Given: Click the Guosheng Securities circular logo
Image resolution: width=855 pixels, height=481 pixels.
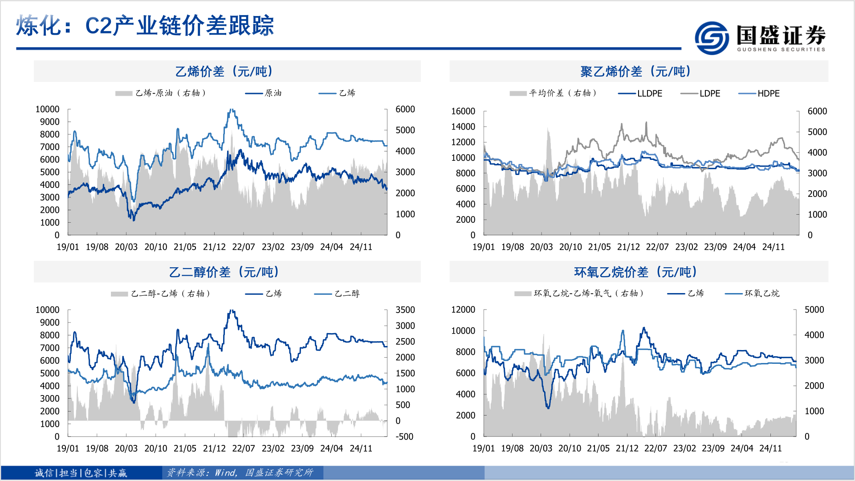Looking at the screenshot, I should tap(712, 38).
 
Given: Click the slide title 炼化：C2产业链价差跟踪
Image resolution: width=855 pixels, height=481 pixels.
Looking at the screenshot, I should tap(145, 25).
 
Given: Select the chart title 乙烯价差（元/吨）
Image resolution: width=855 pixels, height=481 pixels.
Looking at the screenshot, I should tap(224, 71).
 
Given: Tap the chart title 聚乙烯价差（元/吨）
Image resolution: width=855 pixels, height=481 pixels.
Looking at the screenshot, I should tap(636, 71).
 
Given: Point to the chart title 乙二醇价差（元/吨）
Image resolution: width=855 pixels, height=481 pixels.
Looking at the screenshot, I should tap(224, 272).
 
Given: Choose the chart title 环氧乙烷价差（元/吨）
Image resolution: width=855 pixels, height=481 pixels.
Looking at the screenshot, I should tap(636, 272).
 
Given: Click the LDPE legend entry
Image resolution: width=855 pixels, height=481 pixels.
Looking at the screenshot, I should tap(709, 94).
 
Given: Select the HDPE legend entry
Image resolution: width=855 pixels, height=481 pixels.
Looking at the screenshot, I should tap(768, 94).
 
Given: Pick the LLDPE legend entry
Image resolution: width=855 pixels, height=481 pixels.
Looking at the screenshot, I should tap(649, 94).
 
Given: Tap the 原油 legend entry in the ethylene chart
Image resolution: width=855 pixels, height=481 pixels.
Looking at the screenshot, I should tap(273, 93).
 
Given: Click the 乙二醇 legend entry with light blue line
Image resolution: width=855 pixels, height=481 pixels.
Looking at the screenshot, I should tap(347, 293).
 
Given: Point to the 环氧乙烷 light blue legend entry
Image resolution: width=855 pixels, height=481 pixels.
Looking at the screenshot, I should tap(761, 293).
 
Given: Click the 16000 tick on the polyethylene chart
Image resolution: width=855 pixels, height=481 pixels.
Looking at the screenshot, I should tap(463, 111).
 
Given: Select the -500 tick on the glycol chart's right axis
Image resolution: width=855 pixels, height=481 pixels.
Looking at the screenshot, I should tap(404, 437).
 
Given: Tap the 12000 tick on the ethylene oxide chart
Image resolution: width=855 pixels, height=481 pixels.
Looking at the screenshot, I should tap(463, 310).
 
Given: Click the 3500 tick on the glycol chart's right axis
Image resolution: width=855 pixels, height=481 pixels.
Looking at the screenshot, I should tap(405, 310).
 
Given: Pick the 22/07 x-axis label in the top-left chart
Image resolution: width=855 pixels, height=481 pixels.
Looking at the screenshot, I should tap(244, 247).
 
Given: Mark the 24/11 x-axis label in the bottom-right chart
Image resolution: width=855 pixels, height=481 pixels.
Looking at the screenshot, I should tap(770, 448).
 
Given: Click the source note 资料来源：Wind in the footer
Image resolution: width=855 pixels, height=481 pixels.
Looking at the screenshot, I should tap(240, 473).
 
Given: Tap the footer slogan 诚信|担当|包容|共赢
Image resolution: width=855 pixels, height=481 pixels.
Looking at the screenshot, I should tap(81, 473).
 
